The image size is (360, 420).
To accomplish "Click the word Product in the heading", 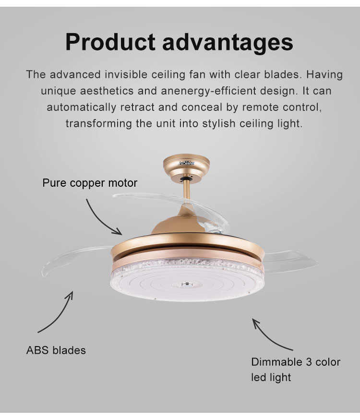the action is click(x=110, y=42).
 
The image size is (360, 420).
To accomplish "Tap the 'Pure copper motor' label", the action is click(x=90, y=183).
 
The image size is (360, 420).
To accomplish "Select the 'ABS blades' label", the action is click(x=56, y=350).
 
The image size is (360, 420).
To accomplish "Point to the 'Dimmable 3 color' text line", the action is click(x=296, y=362).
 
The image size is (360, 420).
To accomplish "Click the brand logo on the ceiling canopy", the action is click(x=186, y=163).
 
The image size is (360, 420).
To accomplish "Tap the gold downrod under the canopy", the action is click(x=187, y=190).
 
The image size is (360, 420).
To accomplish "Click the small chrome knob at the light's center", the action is click(x=185, y=283).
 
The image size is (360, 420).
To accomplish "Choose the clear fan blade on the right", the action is click(x=290, y=261).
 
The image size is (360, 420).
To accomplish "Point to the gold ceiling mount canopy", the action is click(x=186, y=168).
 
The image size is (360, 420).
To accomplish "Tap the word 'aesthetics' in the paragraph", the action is click(x=107, y=91).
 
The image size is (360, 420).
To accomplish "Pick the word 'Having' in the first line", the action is click(x=324, y=74).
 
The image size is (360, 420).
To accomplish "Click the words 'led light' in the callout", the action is click(x=271, y=377).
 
